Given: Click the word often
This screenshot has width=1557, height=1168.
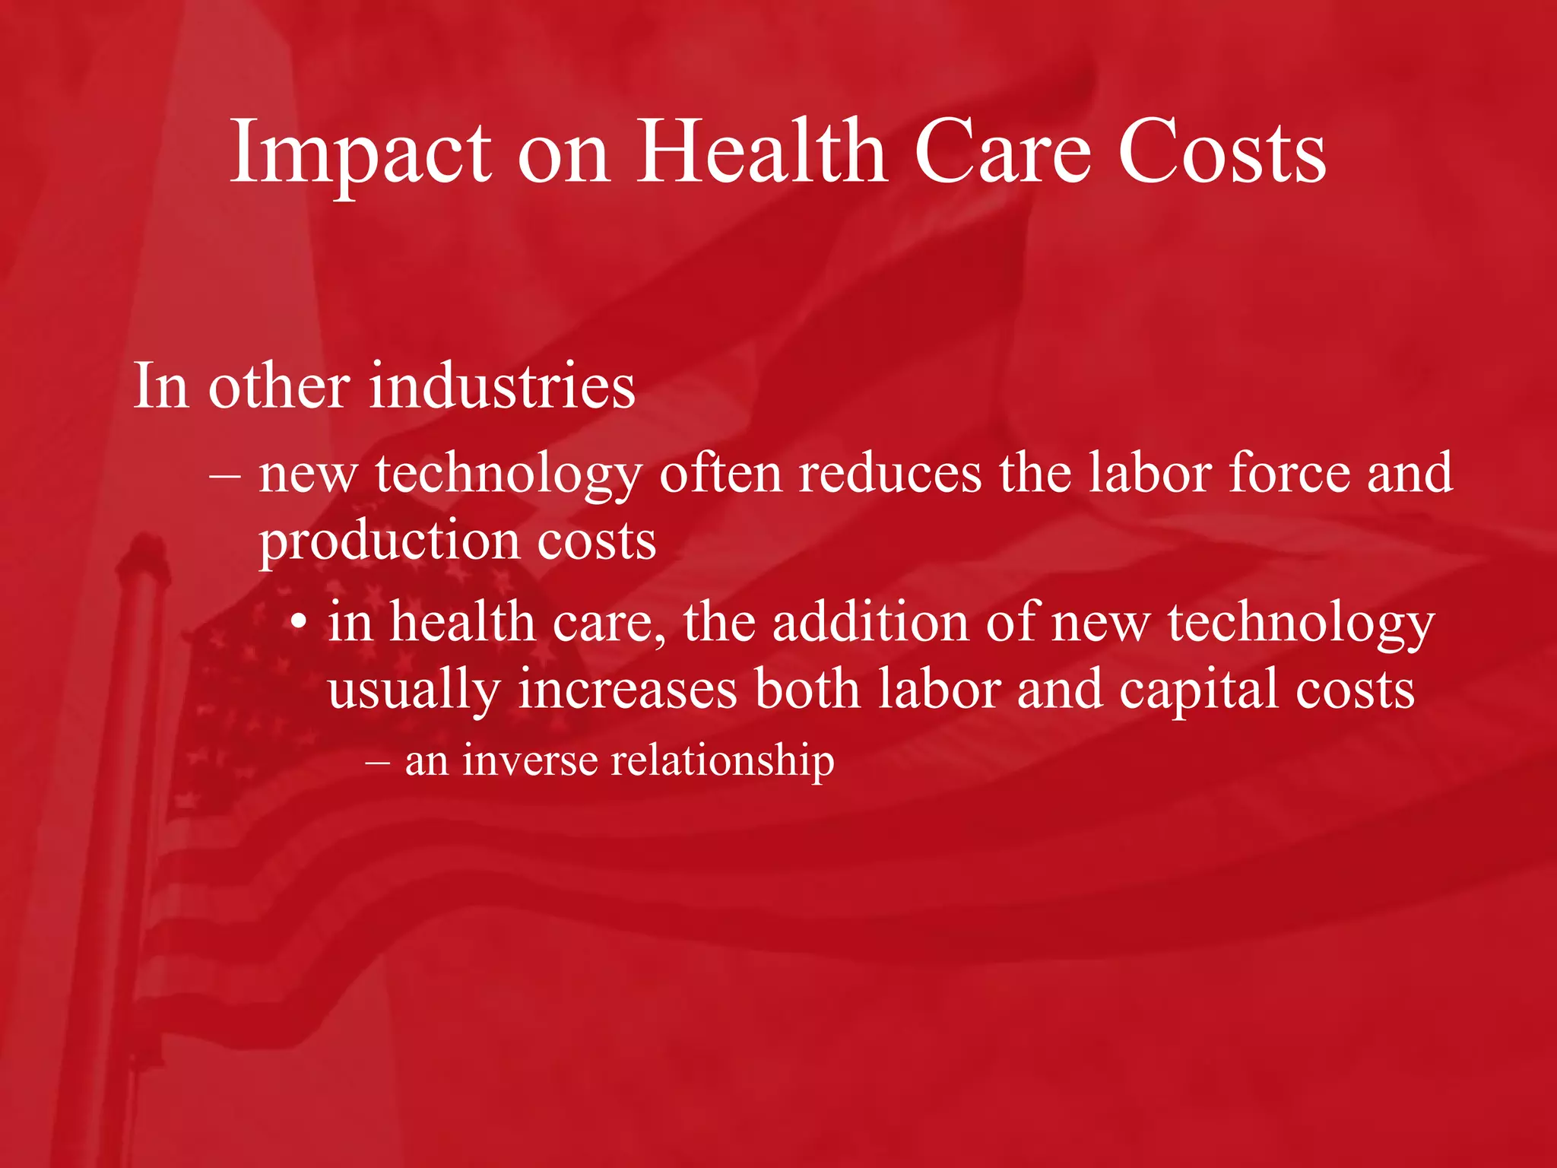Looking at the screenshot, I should [721, 473].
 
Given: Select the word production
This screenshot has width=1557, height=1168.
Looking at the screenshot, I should [389, 541].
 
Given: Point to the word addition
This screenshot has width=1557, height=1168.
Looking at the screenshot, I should [870, 622].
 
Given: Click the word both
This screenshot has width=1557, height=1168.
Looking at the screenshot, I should [807, 689].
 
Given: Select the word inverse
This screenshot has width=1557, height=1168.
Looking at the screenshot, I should [530, 760].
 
